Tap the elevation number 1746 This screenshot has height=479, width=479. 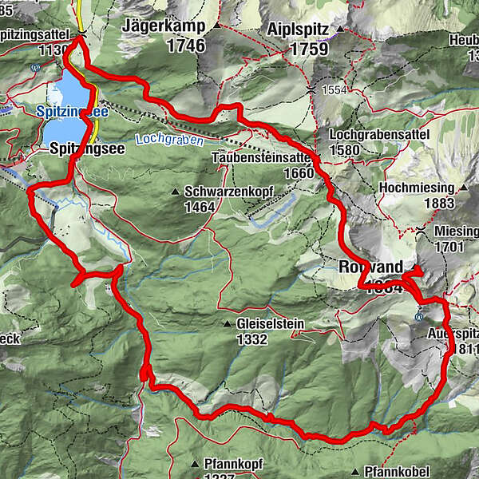pos(186,46)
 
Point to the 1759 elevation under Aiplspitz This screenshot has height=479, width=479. pos(287,49)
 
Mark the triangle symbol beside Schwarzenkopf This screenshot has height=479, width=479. pos(175,192)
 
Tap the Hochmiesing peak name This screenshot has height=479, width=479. pos(417,188)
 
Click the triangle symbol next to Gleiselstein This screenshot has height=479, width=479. pos(228,325)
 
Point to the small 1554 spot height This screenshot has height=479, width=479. pos(335,90)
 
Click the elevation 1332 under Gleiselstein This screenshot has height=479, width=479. pos(250,339)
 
